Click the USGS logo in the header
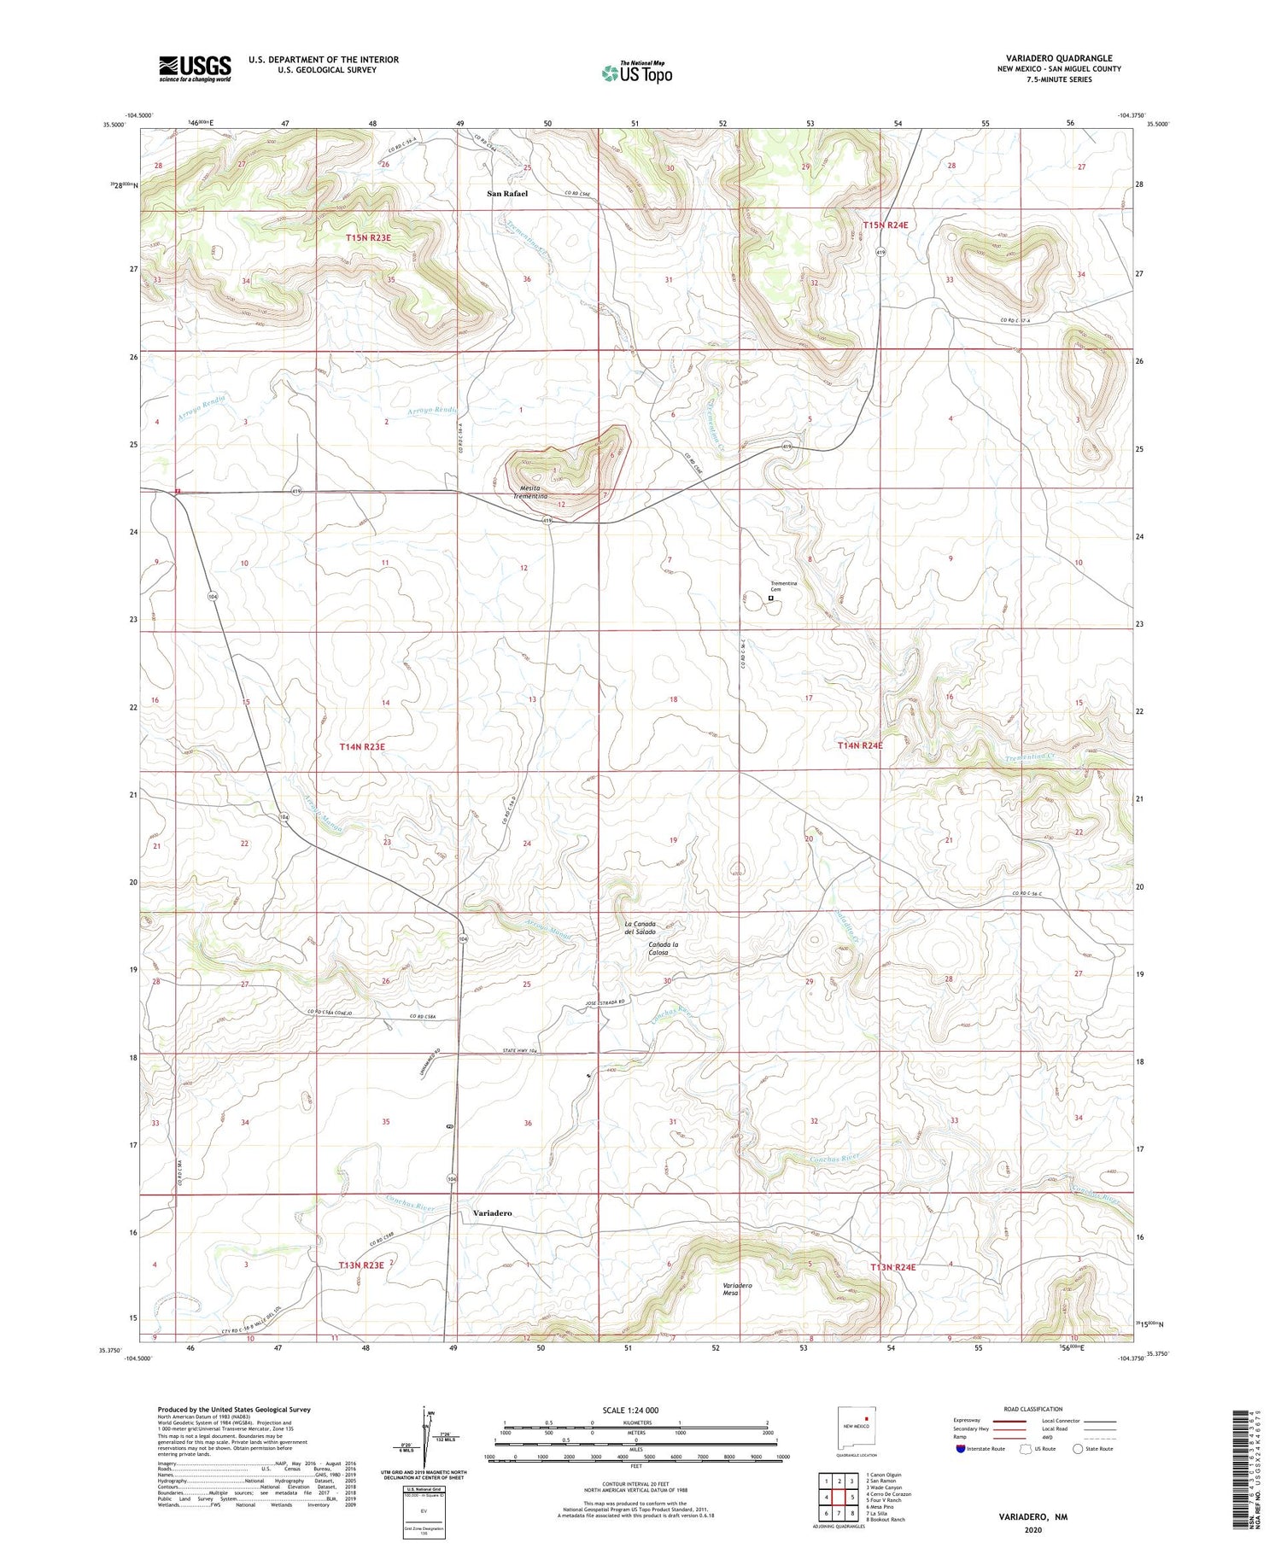tap(195, 68)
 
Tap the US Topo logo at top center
tap(636, 73)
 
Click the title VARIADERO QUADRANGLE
tap(1058, 58)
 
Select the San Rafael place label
tap(507, 194)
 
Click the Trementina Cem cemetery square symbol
tap(770, 599)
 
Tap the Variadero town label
tap(492, 1213)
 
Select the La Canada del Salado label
tap(640, 927)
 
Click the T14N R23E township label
tap(362, 747)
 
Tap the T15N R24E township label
tap(885, 225)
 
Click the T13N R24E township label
tap(892, 1268)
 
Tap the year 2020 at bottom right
tap(1032, 1528)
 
